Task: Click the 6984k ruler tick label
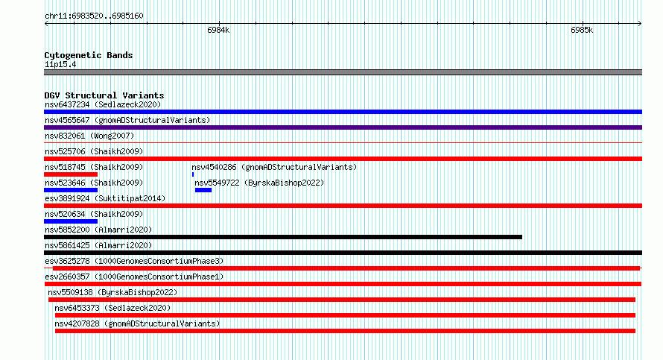click(218, 30)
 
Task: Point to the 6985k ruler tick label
click(582, 30)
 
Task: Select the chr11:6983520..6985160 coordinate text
click(94, 16)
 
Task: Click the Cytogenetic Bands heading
click(89, 55)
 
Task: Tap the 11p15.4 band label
click(60, 64)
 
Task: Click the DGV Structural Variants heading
click(104, 95)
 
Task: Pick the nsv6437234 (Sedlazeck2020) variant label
click(103, 104)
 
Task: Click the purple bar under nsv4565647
click(343, 127)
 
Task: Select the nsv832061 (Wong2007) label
click(89, 136)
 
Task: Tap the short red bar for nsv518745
click(71, 174)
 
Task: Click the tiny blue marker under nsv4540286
click(193, 174)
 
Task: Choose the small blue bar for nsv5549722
click(203, 190)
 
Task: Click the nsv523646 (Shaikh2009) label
click(94, 183)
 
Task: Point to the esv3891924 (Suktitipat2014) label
click(105, 198)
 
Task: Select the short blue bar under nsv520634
click(71, 221)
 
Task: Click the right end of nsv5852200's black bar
click(521, 237)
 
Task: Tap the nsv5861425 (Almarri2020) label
click(98, 245)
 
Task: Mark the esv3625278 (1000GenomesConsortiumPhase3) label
click(134, 261)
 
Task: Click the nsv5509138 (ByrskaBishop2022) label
click(112, 292)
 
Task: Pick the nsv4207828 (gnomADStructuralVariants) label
click(137, 323)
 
